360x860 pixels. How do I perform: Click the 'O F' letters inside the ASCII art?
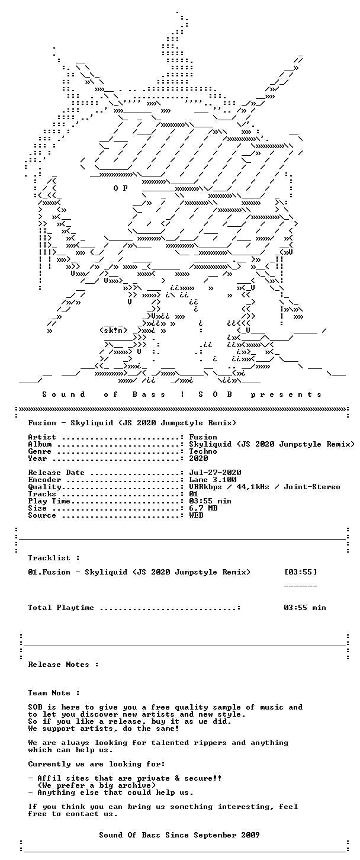[121, 188]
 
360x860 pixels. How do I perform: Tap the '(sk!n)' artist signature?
[113, 330]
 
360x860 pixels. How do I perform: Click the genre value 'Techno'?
[203, 451]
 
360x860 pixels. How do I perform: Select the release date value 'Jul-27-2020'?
[215, 473]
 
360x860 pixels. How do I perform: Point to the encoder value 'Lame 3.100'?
[213, 480]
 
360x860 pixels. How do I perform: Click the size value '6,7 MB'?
[203, 508]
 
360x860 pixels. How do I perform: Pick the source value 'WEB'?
[196, 515]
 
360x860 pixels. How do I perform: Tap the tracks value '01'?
[194, 494]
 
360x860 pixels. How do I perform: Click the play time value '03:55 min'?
[210, 501]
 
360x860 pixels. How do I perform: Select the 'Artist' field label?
[42, 437]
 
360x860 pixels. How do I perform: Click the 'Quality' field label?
[44, 487]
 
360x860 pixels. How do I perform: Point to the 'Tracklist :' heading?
[54, 558]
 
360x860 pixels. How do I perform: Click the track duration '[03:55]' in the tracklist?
[301, 572]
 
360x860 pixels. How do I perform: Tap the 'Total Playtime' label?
[60, 607]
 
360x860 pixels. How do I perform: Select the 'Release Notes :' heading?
[63, 665]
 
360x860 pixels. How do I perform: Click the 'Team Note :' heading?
[54, 693]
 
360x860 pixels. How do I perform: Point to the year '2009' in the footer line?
[250, 835]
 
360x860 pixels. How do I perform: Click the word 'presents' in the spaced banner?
[287, 394]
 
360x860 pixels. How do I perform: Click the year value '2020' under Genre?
[198, 458]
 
